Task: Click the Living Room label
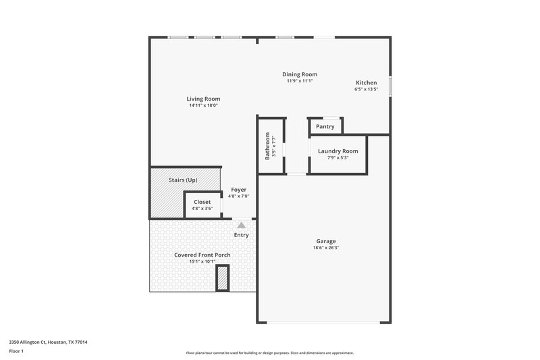click(x=203, y=99)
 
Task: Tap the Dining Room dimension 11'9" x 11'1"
click(x=299, y=80)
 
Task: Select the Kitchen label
click(x=367, y=82)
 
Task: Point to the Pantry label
click(x=325, y=126)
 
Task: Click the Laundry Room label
click(x=337, y=151)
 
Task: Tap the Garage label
click(x=326, y=241)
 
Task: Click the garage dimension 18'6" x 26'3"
click(x=327, y=248)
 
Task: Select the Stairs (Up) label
click(x=183, y=180)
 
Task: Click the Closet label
click(x=202, y=202)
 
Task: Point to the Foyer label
click(x=239, y=190)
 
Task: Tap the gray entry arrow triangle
click(x=241, y=224)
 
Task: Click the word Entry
click(x=241, y=235)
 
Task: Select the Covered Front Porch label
click(x=202, y=255)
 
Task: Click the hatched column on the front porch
click(x=222, y=278)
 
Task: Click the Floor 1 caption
click(x=16, y=351)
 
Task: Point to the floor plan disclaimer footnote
click(x=269, y=353)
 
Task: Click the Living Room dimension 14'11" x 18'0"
click(x=203, y=105)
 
